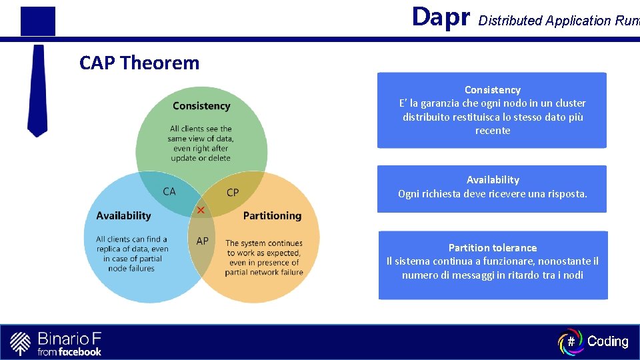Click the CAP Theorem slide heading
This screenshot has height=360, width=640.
point(139,63)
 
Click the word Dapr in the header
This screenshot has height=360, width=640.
point(441,17)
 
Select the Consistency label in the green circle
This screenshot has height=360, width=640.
point(201,106)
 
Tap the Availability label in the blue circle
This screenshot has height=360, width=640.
point(123,215)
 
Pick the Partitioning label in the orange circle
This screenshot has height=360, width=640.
point(272,215)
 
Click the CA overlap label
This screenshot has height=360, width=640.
point(169,191)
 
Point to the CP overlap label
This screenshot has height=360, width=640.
point(233,193)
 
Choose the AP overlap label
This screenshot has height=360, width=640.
point(202,241)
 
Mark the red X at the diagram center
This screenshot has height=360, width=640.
point(201,211)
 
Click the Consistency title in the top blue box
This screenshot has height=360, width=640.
point(492,90)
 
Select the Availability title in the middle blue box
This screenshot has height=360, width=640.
point(492,180)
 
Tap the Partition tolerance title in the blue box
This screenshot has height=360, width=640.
point(492,248)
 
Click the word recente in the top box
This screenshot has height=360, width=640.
point(493,131)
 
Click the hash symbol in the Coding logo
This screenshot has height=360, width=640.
point(571,342)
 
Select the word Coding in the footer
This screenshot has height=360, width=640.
point(607,342)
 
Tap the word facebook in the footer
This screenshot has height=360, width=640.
point(79,351)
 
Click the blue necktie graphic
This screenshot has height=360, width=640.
point(37,90)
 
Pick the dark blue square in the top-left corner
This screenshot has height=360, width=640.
point(37,21)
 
